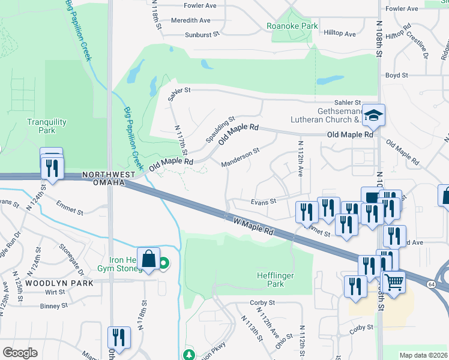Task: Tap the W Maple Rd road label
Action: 253,226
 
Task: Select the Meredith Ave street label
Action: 190,20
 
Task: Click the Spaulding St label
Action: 219,130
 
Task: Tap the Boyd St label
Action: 396,76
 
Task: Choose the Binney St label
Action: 53,306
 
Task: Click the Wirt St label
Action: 54,292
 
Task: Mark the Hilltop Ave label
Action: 340,34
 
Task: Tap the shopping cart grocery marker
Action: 393,282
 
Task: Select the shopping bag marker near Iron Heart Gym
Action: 148,259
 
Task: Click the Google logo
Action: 20,353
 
